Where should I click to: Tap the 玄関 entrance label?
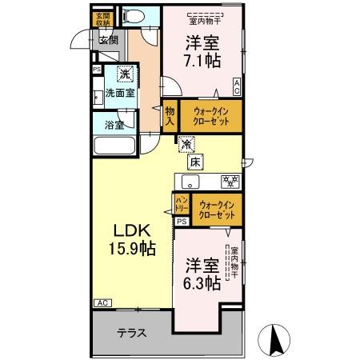pos(108,40)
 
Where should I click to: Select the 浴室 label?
pos(114,125)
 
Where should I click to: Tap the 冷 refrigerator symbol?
pos(186,146)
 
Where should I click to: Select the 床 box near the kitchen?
pos(195,162)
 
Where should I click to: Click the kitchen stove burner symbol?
pos(228,180)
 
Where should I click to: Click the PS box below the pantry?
pos(182,222)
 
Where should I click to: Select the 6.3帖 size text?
pos(202,274)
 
